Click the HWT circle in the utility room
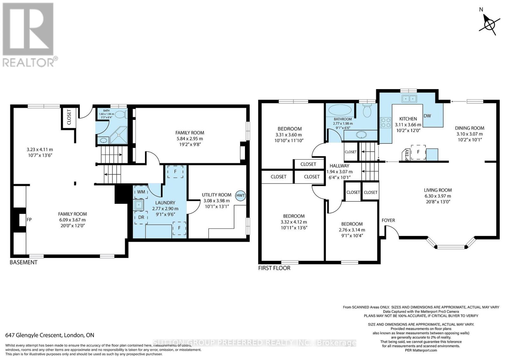241,196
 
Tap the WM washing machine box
141,192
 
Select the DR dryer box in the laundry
141,217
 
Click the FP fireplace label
29,220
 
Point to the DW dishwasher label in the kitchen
427,116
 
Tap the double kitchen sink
409,99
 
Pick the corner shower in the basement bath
119,135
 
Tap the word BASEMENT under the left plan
24,262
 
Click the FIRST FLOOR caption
274,268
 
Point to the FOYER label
388,220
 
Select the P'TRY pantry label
407,155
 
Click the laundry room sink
138,205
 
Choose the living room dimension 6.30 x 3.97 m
438,196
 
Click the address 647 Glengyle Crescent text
33,335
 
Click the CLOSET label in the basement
69,117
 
